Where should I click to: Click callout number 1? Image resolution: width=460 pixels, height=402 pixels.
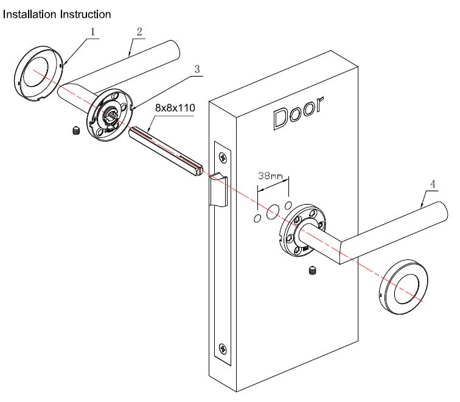tap(92, 31)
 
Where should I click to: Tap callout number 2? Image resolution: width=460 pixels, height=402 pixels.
tap(139, 31)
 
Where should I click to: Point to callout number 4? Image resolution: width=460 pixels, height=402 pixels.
tap(433, 183)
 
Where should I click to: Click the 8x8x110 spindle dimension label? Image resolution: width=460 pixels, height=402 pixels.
tap(175, 108)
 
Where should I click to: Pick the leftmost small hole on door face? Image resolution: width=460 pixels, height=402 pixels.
tap(257, 217)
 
